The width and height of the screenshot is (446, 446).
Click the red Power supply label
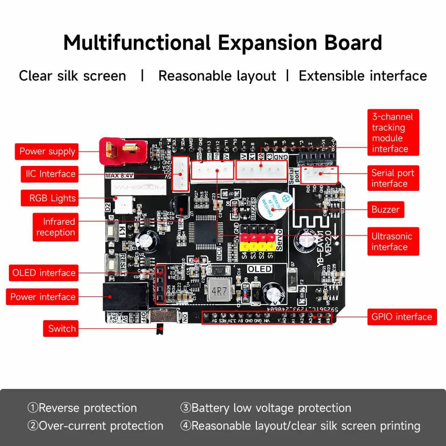[47, 152]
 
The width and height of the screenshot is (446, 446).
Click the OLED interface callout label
[44, 273]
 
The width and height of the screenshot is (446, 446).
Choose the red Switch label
[62, 329]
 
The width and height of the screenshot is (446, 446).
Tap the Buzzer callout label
[385, 210]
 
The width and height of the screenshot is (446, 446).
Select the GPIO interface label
[401, 317]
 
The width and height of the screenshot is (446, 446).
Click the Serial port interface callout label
[393, 178]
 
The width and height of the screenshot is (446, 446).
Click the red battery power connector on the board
[122, 150]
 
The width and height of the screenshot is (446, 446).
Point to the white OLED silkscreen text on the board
[260, 269]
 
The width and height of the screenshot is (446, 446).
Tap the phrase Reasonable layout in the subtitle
[217, 76]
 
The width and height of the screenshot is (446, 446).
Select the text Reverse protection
[87, 408]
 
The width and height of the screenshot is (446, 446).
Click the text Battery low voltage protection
[271, 408]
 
